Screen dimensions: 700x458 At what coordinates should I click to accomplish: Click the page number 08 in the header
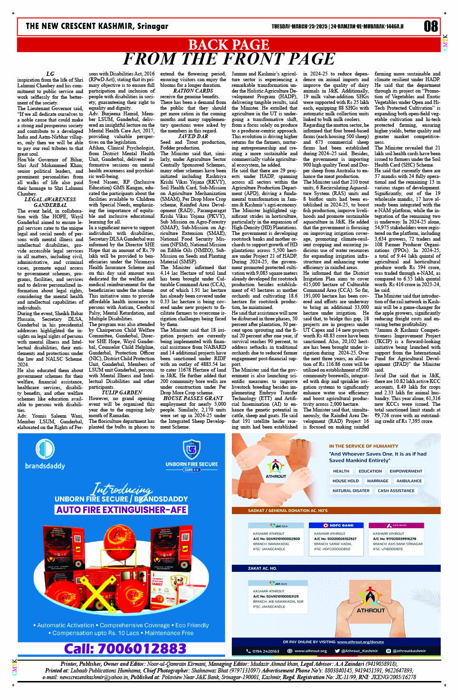click(430, 26)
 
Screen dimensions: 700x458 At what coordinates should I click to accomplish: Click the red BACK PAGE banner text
click(229, 45)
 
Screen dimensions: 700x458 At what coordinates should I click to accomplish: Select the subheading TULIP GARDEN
click(116, 392)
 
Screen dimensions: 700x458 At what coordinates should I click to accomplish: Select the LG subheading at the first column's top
click(50, 74)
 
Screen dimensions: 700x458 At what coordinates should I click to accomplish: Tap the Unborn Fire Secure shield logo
click(191, 449)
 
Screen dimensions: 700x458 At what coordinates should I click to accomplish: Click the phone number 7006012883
click(125, 648)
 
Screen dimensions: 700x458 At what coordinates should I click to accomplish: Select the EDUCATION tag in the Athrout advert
click(370, 471)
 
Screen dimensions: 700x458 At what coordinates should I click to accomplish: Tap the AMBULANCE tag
click(409, 481)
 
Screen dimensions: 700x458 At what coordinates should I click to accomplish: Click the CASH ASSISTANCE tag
click(396, 491)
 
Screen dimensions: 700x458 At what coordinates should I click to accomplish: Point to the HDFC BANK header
click(338, 525)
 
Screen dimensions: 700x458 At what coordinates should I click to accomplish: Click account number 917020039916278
click(394, 539)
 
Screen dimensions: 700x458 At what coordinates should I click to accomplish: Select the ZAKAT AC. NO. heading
click(262, 568)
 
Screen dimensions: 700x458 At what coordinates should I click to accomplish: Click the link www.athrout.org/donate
click(360, 642)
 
